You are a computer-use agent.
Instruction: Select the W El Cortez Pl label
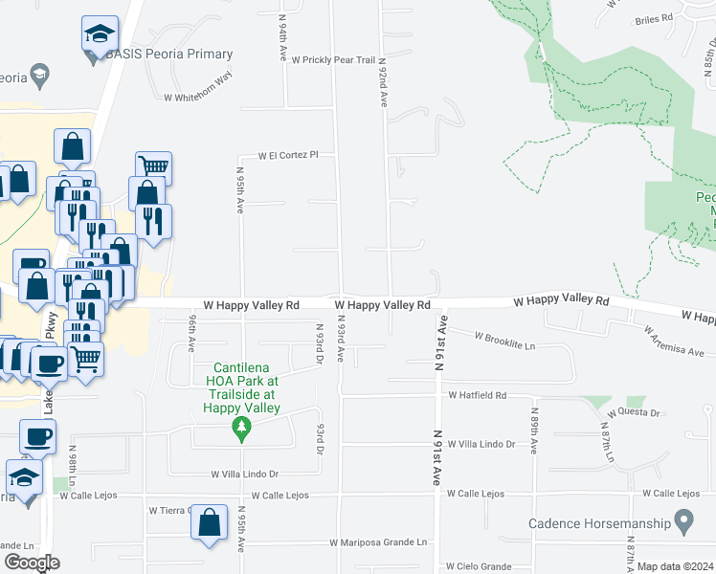[287, 155]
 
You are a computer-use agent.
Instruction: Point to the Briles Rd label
[654, 18]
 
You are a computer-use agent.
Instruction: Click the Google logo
[31, 563]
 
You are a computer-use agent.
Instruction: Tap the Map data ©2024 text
[675, 566]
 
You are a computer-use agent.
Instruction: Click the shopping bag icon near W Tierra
[210, 523]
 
